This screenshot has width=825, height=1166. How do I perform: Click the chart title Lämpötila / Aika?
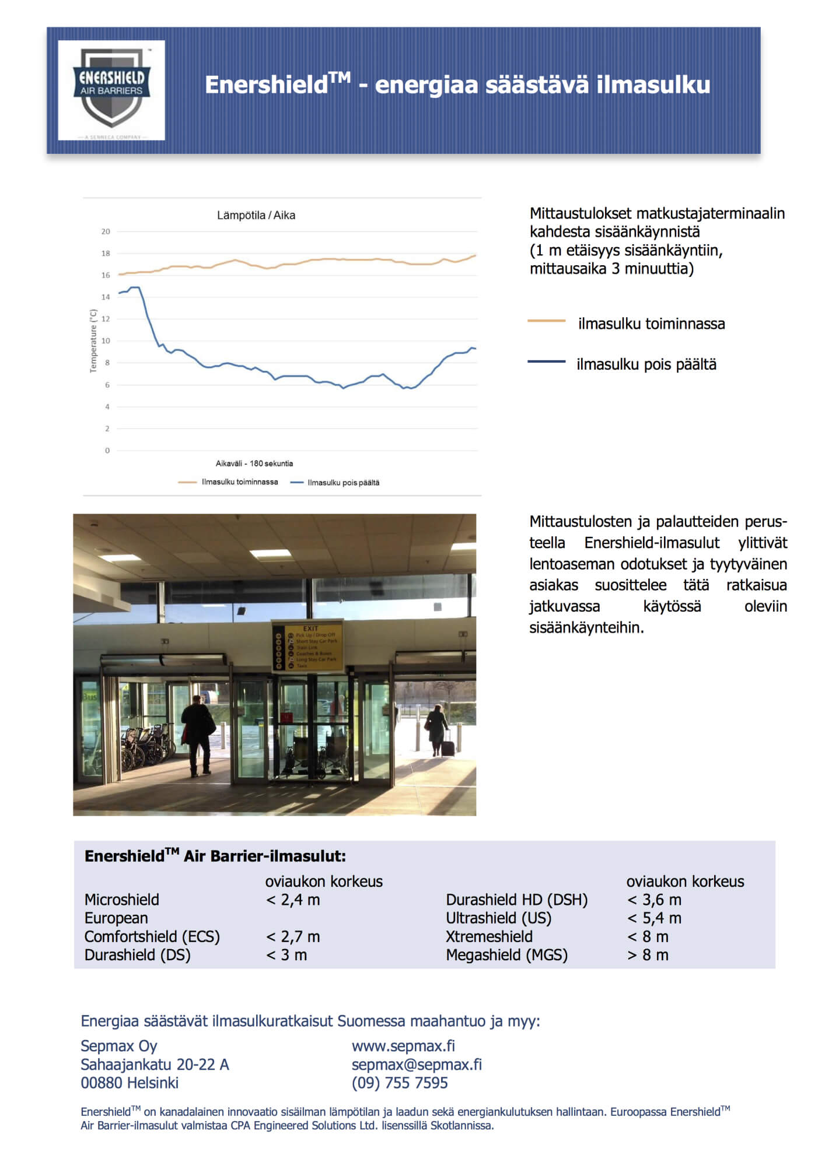(256, 215)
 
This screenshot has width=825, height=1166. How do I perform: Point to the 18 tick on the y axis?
(106, 254)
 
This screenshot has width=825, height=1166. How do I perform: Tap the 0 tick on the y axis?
(107, 451)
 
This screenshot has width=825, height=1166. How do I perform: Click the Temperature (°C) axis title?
(93, 341)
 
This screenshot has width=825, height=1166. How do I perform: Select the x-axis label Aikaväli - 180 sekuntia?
(254, 463)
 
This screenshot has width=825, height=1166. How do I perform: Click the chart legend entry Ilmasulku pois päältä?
(343, 483)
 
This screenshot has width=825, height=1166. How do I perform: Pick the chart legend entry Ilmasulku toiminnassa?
(239, 482)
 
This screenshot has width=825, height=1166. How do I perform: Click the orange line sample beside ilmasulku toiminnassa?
(546, 321)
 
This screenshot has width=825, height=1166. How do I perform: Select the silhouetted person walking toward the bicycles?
(198, 737)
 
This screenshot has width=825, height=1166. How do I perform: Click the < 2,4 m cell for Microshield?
(293, 900)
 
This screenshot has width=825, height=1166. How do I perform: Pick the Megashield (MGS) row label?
(506, 955)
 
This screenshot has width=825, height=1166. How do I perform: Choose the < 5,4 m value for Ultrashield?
(654, 918)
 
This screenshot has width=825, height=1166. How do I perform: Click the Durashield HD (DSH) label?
(516, 900)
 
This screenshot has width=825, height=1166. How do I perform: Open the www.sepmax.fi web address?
(403, 1046)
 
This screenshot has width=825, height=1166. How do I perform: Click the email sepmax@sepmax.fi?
(417, 1065)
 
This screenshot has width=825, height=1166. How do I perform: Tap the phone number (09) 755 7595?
(400, 1083)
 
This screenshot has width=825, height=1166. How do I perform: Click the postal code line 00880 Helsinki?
(130, 1083)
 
